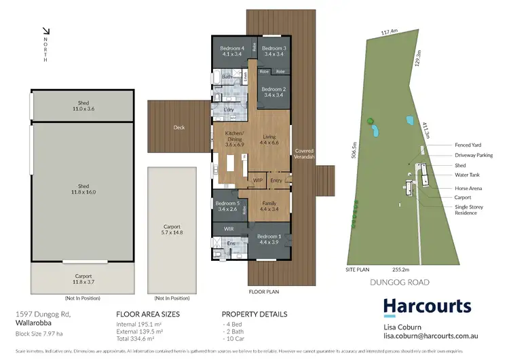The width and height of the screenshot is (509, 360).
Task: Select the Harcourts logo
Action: pyautogui.click(x=427, y=306)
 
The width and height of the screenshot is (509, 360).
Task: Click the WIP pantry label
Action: pyautogui.click(x=258, y=180)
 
